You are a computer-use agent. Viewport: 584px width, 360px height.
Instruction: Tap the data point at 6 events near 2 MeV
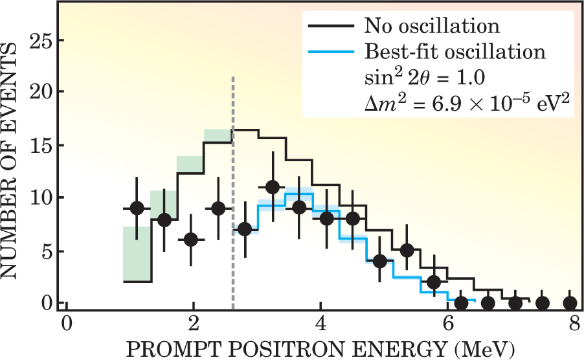pyautogui.click(x=191, y=240)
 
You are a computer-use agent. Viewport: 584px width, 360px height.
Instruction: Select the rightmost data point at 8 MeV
pyautogui.click(x=570, y=302)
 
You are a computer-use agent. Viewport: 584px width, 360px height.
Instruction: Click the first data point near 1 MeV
pyautogui.click(x=137, y=208)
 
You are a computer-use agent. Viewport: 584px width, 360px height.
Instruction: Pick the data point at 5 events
pyautogui.click(x=407, y=250)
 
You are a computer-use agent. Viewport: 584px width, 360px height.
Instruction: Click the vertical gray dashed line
pyautogui.click(x=232, y=194)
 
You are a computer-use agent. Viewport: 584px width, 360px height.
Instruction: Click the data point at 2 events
pyautogui.click(x=434, y=282)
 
